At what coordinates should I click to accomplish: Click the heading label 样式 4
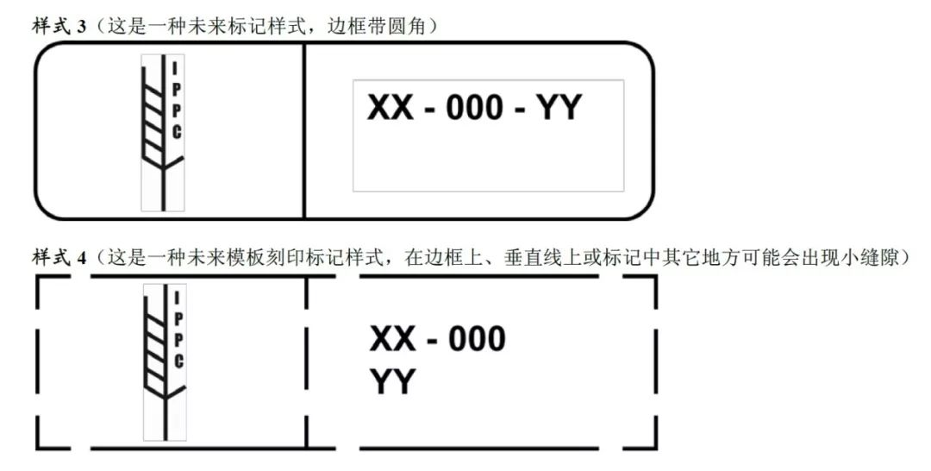point(59,257)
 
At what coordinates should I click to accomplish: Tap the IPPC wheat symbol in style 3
point(163,133)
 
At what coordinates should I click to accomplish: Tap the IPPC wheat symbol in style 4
point(165,362)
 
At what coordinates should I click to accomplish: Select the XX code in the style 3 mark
point(391,108)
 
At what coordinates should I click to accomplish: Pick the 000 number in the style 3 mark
point(474,108)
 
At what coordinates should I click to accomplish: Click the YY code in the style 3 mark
point(559,108)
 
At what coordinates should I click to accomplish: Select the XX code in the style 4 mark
point(392,338)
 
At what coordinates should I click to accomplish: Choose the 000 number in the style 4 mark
point(477,338)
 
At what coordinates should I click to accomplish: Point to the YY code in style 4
point(392,381)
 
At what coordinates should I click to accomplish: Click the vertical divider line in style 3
point(304,130)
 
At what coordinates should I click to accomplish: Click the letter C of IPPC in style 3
point(177,132)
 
